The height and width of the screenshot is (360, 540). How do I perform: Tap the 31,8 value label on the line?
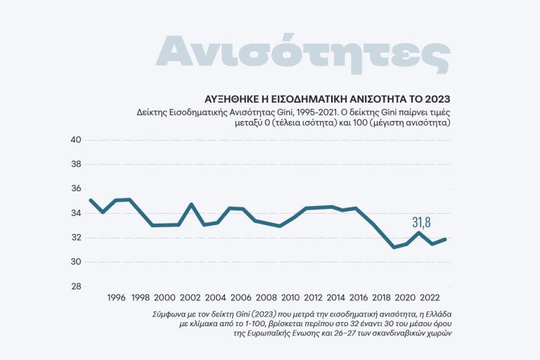point(421,222)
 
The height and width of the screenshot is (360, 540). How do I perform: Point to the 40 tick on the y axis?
point(77,140)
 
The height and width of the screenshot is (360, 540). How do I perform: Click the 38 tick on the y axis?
point(77,165)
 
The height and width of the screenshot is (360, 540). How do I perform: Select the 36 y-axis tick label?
point(77,188)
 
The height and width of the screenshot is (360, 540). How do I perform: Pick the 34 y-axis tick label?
point(77,213)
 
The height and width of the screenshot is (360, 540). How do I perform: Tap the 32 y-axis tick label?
point(77,238)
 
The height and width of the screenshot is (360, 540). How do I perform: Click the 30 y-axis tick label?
point(77,262)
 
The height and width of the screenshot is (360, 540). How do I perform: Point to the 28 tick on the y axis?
point(77,286)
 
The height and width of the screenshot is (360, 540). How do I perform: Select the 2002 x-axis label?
point(190,297)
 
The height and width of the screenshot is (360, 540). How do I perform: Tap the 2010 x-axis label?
point(289,297)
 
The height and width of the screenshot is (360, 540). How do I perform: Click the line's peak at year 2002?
point(191,205)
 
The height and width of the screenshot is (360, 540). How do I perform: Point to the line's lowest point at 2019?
point(394,247)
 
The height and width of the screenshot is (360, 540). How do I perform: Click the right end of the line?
point(445,239)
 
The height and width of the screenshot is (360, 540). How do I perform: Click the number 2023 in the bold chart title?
point(436,98)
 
